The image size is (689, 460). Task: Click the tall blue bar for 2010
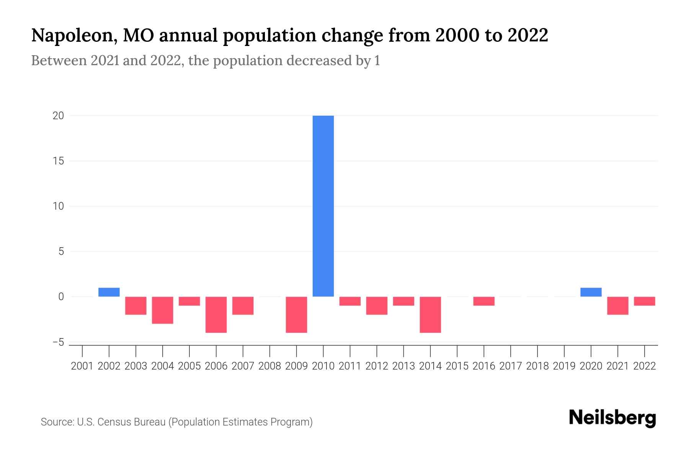tap(323, 206)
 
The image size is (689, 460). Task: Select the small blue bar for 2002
tap(109, 292)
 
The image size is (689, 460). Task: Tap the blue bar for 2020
tap(591, 292)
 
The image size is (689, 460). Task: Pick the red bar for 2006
tap(216, 314)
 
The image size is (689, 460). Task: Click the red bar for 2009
tap(296, 314)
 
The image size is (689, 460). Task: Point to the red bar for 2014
tap(430, 314)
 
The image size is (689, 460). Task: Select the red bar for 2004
tap(163, 310)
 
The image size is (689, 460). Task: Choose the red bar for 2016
tap(484, 301)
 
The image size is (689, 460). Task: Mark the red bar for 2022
tap(644, 301)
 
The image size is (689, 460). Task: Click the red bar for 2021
tap(617, 306)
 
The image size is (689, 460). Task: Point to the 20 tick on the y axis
tap(58, 116)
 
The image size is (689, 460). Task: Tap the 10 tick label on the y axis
tap(58, 206)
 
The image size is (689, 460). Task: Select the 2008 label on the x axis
tap(269, 366)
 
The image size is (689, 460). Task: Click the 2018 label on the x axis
tap(537, 366)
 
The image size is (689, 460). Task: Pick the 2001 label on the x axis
tap(82, 366)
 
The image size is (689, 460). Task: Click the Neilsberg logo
tap(612, 418)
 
